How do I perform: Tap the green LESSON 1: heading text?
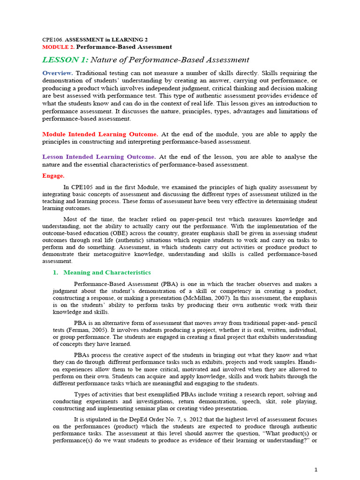click(65, 60)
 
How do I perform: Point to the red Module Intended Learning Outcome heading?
click(100, 134)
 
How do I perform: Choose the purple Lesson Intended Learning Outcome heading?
click(99, 157)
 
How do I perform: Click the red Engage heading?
click(53, 176)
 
